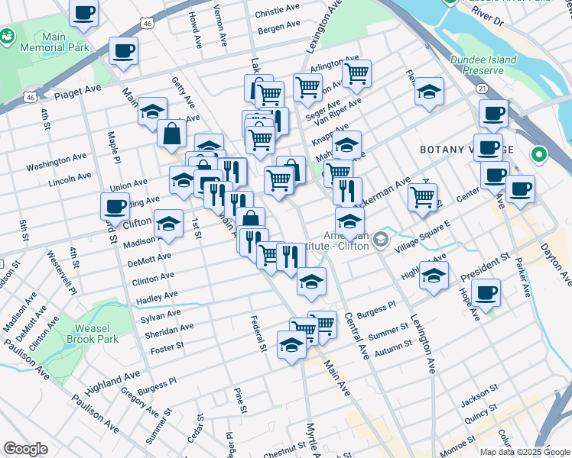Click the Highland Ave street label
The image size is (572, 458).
tap(114, 379)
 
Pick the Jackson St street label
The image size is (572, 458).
tap(480, 393)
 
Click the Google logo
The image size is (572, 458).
tap(25, 449)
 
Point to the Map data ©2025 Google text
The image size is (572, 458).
tap(525, 452)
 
